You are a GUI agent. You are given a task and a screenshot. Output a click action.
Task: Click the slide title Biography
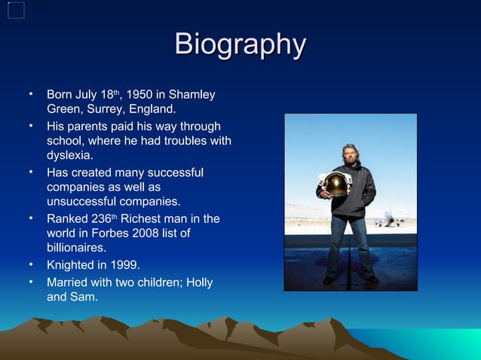240,44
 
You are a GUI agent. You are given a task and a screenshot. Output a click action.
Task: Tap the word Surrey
100,111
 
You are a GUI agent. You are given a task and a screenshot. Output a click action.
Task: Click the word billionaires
76,248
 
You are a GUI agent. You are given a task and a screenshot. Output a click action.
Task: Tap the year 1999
124,265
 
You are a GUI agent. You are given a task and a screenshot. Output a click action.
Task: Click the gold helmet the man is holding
335,185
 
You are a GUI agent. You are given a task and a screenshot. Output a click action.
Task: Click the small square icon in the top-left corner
16,10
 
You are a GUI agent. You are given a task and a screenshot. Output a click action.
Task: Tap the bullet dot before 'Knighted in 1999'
31,264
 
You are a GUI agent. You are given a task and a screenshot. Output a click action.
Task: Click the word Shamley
191,96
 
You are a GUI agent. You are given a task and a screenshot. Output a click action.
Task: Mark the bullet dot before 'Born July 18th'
31,95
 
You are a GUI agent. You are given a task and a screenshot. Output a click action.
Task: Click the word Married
69,282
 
